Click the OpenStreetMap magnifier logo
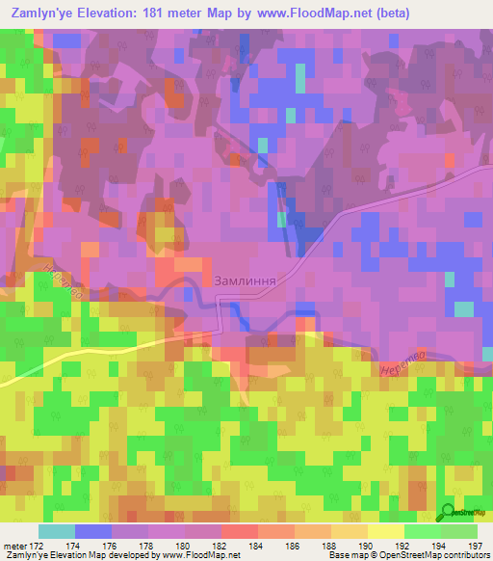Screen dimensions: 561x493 [450, 512]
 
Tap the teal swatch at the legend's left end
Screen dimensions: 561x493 [56, 531]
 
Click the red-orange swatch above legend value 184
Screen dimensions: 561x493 [239, 531]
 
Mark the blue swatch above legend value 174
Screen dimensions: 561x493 [92, 531]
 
